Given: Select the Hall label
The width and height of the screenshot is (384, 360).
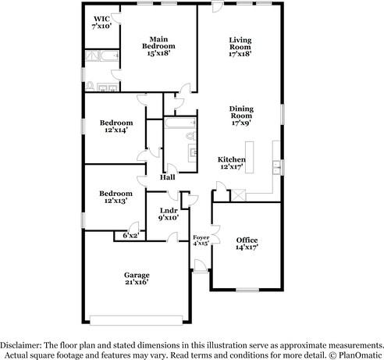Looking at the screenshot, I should (x=167, y=177).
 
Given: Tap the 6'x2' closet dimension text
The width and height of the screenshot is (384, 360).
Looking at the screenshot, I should (x=130, y=234).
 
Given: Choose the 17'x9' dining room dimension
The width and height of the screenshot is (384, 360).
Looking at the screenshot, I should (x=241, y=123).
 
